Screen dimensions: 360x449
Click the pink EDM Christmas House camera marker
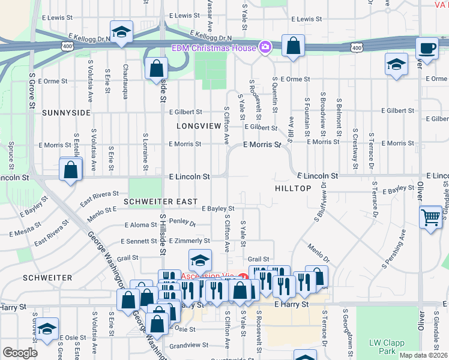click(265, 47)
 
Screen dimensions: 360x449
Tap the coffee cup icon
click(427, 49)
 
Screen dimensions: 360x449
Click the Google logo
click(20, 353)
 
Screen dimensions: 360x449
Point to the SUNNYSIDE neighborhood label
click(66, 112)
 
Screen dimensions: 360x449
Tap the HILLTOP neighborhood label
click(293, 188)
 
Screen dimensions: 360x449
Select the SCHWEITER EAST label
click(160, 202)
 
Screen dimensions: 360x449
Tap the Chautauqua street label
click(125, 75)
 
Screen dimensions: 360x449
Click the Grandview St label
click(188, 346)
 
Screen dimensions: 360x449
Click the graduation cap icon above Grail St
click(200, 260)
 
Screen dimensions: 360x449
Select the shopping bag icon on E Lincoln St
click(71, 169)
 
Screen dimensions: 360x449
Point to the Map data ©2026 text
click(423, 355)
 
